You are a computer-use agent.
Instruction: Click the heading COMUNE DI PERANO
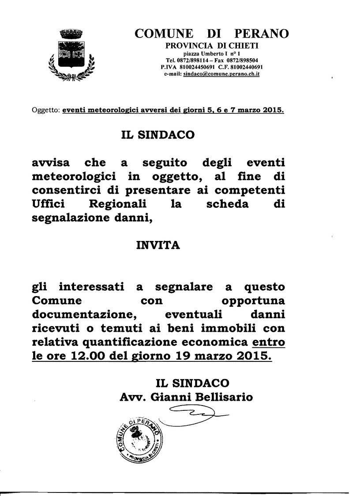click(x=212, y=34)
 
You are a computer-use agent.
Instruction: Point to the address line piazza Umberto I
click(x=212, y=53)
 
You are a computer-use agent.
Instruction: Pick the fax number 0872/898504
click(x=242, y=60)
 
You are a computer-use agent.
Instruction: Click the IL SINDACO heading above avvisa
click(x=157, y=135)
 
